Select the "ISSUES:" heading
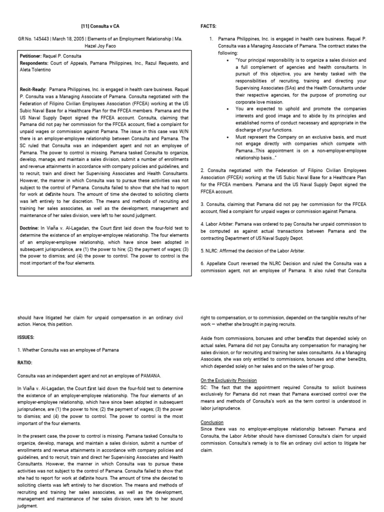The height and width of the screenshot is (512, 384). pyautogui.click(x=26, y=337)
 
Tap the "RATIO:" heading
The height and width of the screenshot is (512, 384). pyautogui.click(x=25, y=362)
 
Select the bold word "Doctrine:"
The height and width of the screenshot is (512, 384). pyautogui.click(x=31, y=228)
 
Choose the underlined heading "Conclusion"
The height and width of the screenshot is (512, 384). pyautogui.click(x=212, y=422)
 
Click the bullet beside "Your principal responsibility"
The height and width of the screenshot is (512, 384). pyautogui.click(x=227, y=60)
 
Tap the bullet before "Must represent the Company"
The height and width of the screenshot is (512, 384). pyautogui.click(x=227, y=136)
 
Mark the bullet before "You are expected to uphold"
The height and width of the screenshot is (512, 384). pyautogui.click(x=227, y=108)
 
